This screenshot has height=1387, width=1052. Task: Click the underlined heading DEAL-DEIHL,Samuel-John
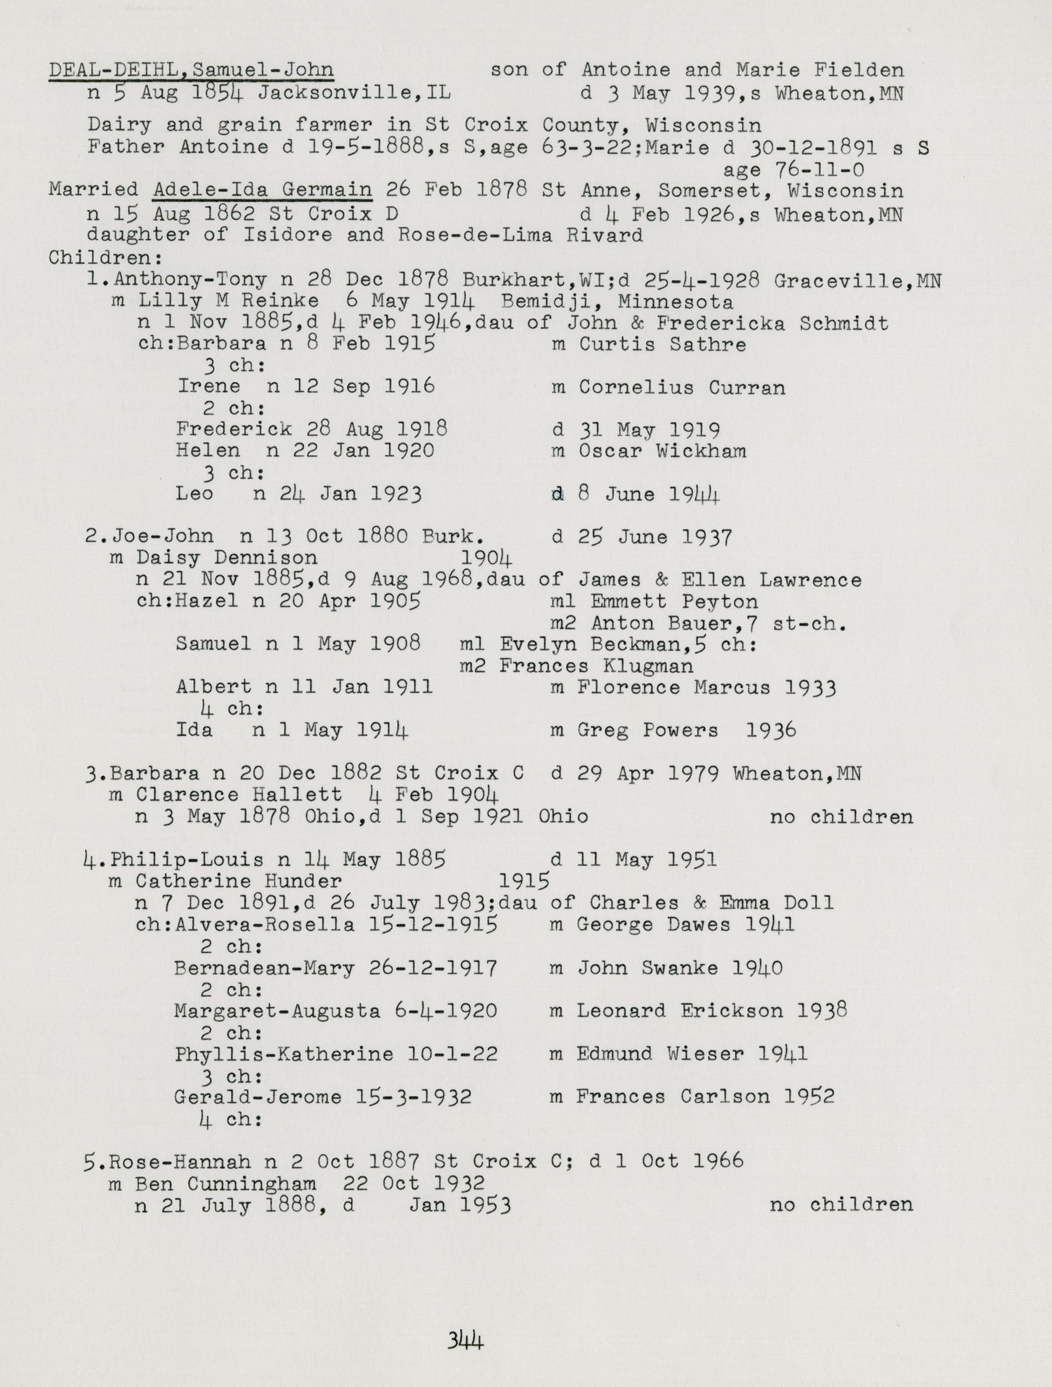191,70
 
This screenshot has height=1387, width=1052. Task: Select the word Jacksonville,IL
354,93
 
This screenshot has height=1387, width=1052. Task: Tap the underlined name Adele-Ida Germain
262,189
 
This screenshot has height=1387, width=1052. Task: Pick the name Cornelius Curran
681,387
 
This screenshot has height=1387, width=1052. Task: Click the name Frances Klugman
596,666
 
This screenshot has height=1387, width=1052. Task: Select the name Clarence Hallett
239,795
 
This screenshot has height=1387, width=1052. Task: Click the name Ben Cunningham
225,1183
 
